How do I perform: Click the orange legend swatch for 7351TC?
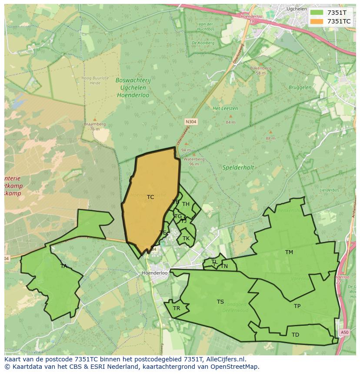coord(317,21)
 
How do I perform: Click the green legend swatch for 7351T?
coord(317,13)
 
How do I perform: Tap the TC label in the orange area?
coord(150,197)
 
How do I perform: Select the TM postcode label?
coord(289,252)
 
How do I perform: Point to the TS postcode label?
coord(220,302)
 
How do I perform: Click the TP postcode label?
coord(297,306)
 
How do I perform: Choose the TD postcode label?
coord(295,335)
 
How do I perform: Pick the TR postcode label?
coord(177,308)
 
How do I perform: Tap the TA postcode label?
coord(64,266)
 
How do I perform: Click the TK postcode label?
coord(186,238)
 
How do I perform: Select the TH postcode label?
coord(186,204)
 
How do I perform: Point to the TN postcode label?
coord(224,266)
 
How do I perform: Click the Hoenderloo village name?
coord(155,273)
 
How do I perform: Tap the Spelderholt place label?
coord(238,167)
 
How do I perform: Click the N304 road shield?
coord(191,122)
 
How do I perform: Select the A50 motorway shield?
coord(344,332)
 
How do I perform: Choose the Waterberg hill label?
coord(191,159)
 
